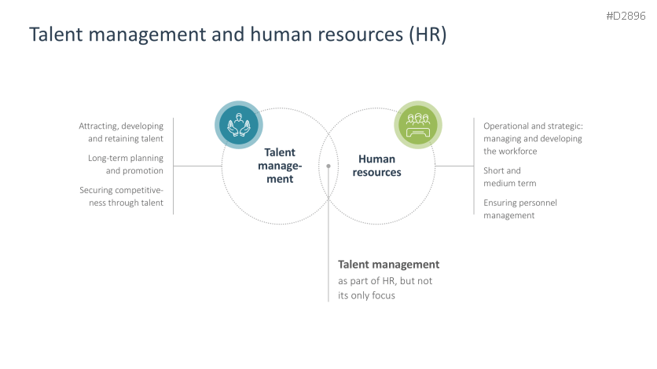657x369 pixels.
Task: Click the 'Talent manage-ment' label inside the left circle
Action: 279,166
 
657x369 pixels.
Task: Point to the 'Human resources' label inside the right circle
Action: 376,166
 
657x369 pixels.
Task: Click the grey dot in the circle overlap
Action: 328,166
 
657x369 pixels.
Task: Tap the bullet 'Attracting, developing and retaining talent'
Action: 121,132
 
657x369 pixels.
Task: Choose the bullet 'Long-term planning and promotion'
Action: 126,164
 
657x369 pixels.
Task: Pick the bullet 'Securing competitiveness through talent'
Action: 121,196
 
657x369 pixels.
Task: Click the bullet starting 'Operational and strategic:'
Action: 533,138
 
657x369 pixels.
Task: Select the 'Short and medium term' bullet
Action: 509,177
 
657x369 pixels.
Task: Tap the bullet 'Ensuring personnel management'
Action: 519,209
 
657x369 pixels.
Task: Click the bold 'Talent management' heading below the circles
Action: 388,265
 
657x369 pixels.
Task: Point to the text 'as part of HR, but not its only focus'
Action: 385,288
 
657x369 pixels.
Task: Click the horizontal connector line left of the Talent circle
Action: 197,166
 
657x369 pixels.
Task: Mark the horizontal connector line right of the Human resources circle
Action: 454,166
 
